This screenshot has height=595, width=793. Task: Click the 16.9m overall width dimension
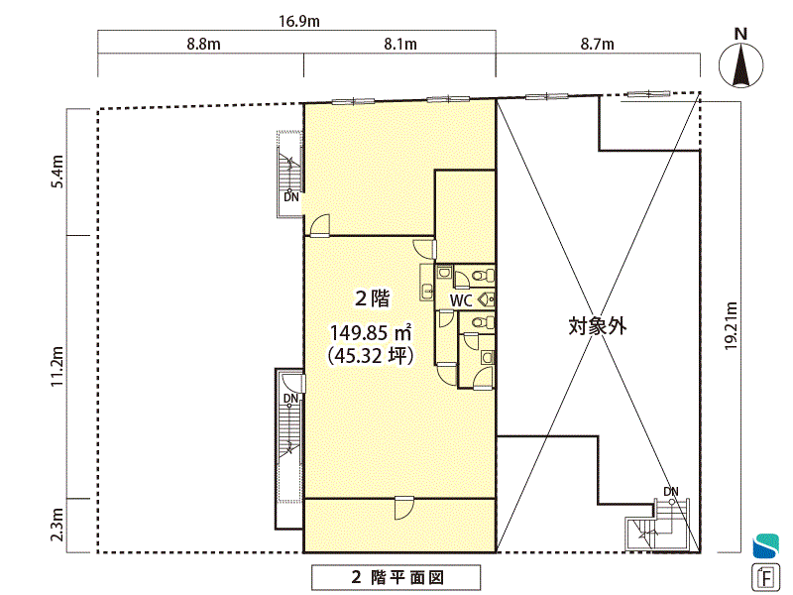point(299,21)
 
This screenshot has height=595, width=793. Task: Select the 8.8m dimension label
point(203,44)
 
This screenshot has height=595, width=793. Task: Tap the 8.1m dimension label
point(400,44)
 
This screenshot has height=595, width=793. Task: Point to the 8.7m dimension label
point(598,44)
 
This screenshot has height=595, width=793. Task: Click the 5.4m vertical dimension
point(57,172)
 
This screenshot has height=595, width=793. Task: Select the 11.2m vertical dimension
point(57,367)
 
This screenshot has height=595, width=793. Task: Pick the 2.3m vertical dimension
point(57,525)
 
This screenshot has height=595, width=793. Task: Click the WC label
point(461,300)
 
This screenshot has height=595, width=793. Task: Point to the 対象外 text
point(598,326)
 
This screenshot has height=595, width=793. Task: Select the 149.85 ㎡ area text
point(370,333)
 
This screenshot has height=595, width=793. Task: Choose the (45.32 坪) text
point(371,356)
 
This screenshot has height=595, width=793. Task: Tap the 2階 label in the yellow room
point(373,298)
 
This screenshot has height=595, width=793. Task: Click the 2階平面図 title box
point(396,577)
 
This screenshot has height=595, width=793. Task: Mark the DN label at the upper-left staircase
point(291,196)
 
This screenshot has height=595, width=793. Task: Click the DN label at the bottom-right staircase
point(671,491)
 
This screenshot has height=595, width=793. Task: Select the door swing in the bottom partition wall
point(403,508)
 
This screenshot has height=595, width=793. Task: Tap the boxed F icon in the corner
point(764,577)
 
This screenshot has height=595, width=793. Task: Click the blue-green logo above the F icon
point(765,546)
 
